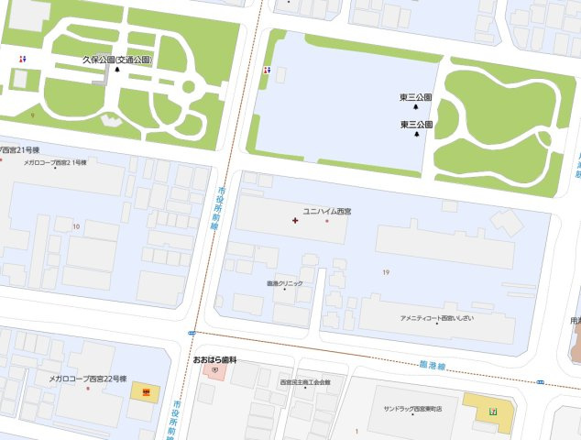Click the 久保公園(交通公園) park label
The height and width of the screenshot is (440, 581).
[116, 60]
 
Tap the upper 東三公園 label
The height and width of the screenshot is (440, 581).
[415, 96]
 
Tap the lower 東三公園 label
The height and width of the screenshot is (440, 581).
[416, 124]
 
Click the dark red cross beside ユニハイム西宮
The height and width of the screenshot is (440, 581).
[294, 220]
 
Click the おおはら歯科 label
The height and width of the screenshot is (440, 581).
[214, 360]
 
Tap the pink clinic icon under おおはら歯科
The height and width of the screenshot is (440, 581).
[214, 370]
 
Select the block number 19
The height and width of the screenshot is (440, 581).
[387, 272]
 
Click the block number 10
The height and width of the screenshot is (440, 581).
[76, 225]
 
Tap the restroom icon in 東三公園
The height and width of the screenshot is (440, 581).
[266, 69]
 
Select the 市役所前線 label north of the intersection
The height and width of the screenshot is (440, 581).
[221, 209]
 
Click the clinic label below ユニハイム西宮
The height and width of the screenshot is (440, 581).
[284, 283]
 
